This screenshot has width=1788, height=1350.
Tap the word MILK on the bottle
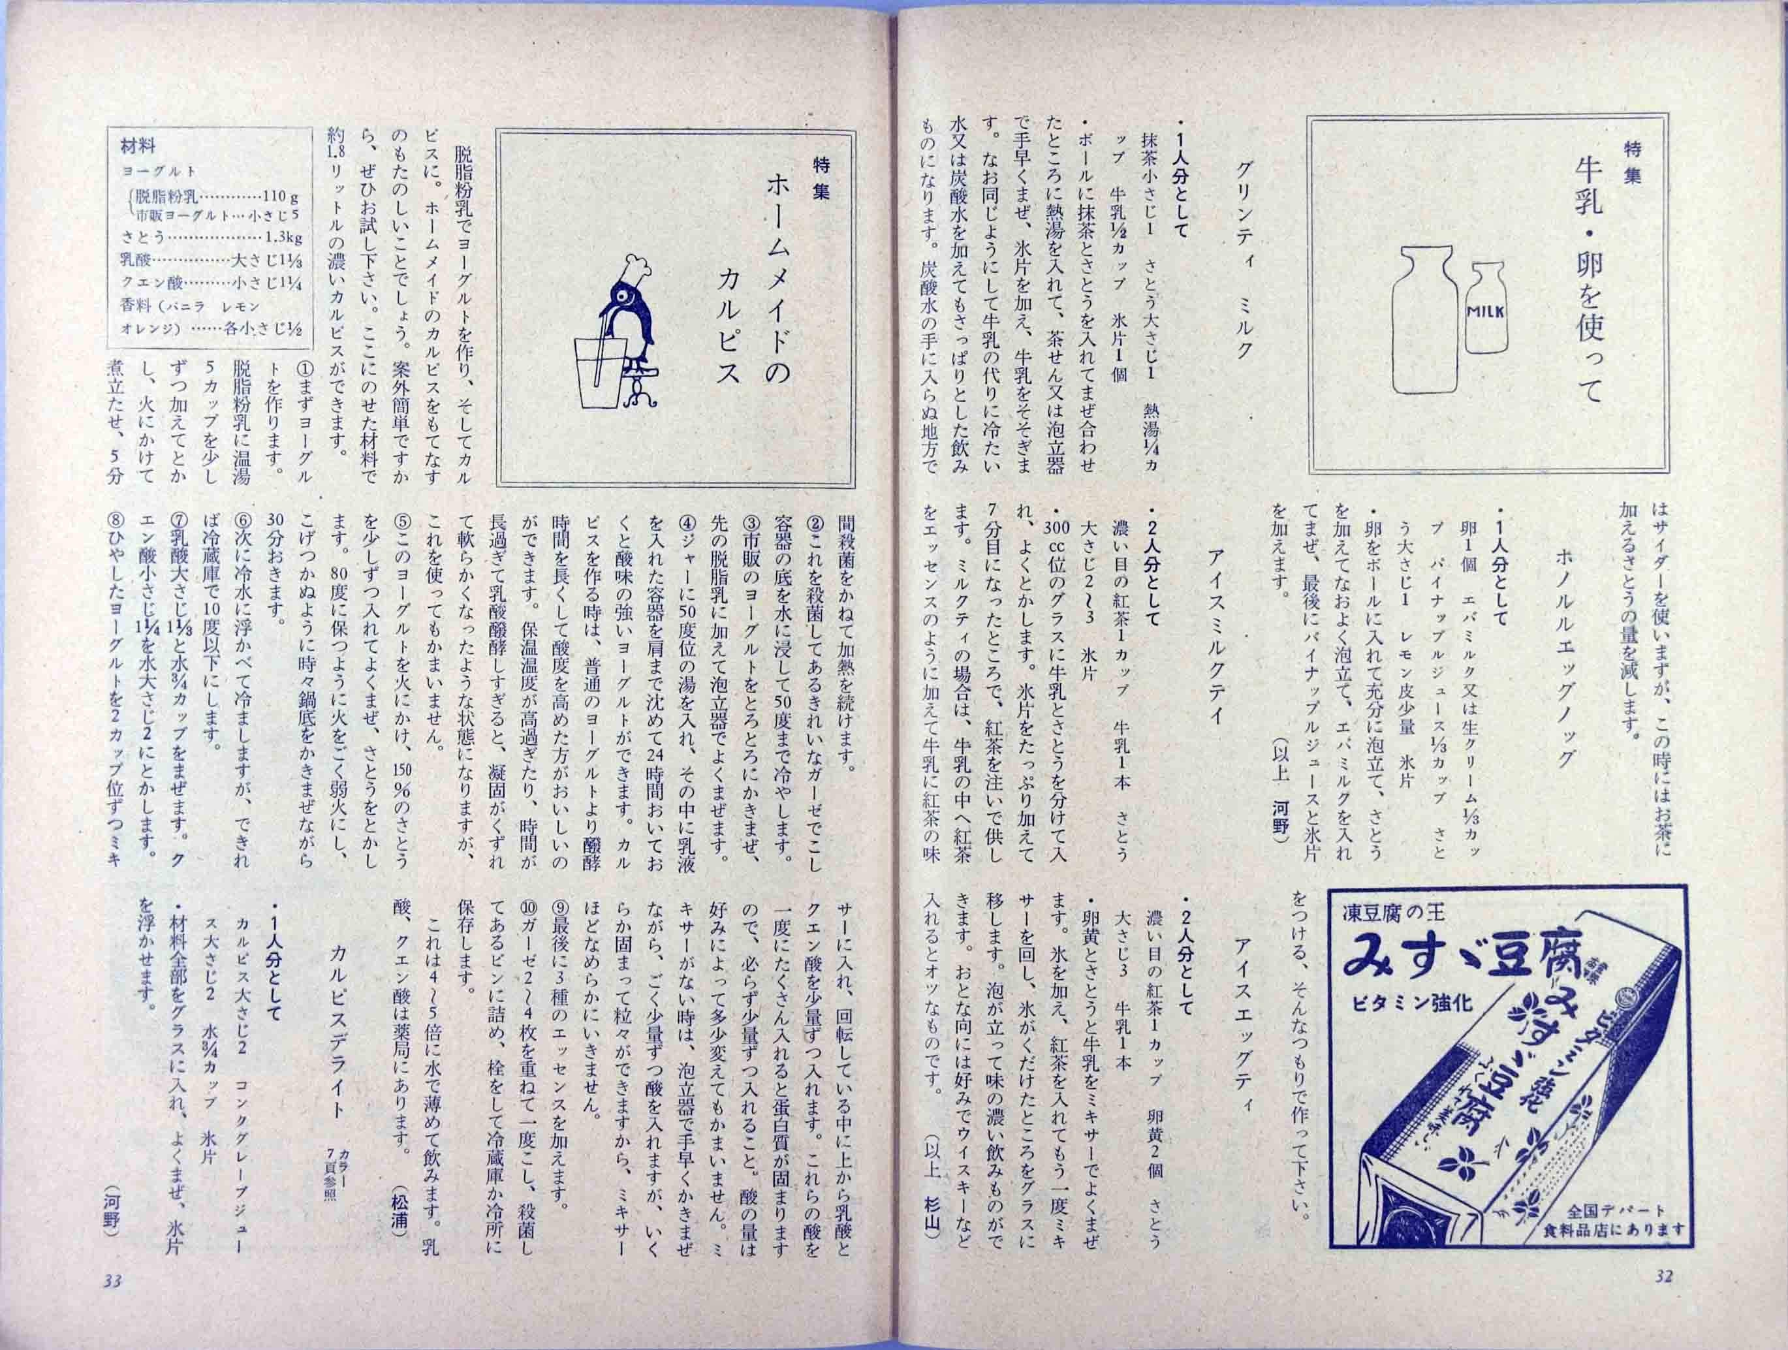1486,312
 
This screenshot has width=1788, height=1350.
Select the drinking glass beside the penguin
600,372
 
